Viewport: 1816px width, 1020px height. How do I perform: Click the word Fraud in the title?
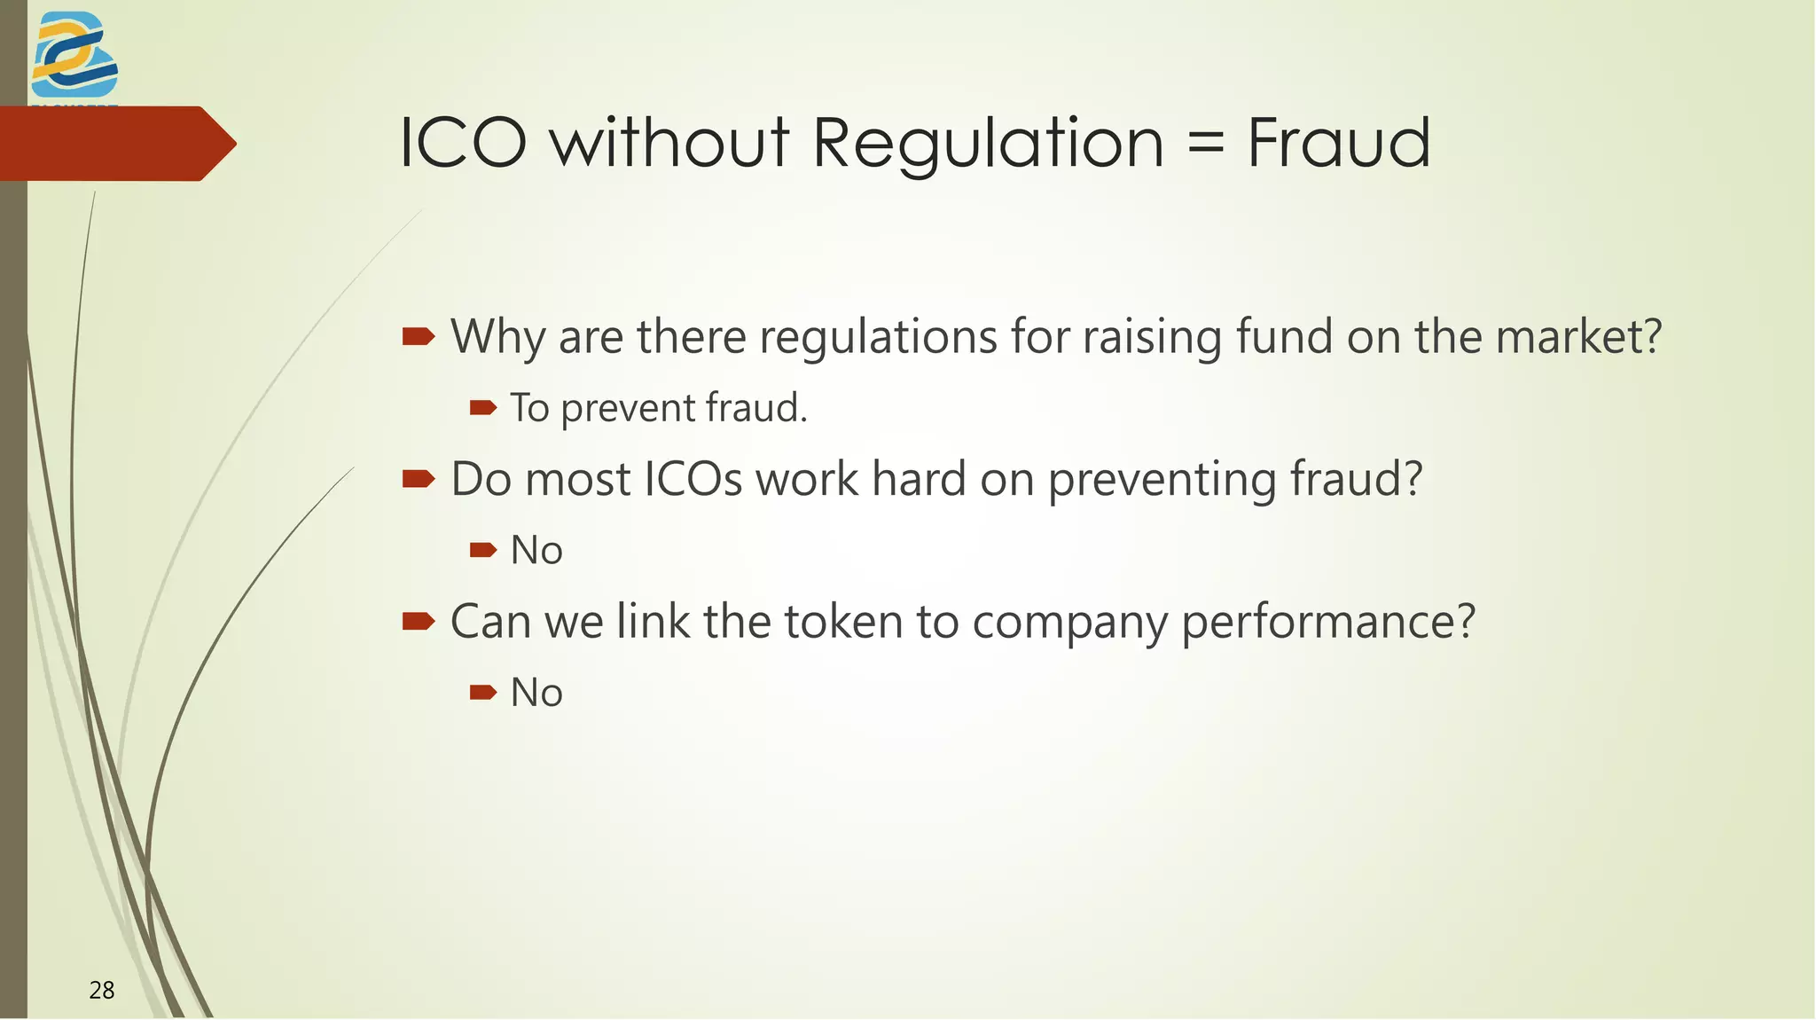[1338, 143]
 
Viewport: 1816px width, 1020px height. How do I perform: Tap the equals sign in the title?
[1205, 145]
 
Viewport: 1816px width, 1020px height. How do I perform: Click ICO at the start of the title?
[463, 143]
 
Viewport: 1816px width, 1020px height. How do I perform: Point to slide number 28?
[102, 990]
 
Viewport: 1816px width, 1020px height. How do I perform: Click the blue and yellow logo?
[74, 55]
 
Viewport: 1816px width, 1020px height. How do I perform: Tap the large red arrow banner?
[115, 144]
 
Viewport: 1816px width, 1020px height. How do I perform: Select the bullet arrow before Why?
[419, 337]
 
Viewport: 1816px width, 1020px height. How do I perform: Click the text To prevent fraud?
[659, 408]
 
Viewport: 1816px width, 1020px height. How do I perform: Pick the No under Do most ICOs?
[536, 551]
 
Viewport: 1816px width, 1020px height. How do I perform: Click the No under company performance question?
[536, 693]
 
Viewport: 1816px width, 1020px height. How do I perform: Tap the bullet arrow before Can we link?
[419, 621]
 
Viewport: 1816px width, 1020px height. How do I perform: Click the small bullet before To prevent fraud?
[482, 408]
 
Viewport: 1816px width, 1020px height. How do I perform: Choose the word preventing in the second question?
[1162, 480]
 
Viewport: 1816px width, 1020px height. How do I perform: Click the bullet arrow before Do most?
[419, 480]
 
